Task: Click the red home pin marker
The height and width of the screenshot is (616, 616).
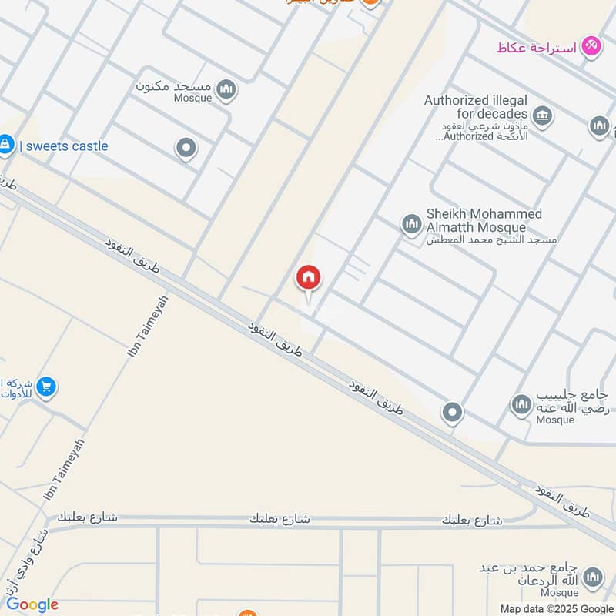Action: [x=309, y=278]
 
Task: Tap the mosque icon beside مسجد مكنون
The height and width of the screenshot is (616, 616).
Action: [x=226, y=90]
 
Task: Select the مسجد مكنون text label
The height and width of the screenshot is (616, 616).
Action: [x=173, y=85]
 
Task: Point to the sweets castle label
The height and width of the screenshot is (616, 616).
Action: [x=64, y=146]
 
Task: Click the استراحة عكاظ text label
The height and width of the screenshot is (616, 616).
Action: [x=537, y=47]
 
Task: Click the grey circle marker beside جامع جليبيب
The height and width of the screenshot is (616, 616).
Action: [x=452, y=413]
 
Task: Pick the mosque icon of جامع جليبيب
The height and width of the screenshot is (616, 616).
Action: [x=522, y=404]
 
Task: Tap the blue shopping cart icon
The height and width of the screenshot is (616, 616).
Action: [x=46, y=387]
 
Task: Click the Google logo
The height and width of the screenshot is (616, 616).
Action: [x=32, y=604]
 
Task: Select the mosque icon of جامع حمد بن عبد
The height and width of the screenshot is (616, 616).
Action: [x=592, y=577]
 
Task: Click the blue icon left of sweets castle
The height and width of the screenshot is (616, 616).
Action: [x=5, y=144]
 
